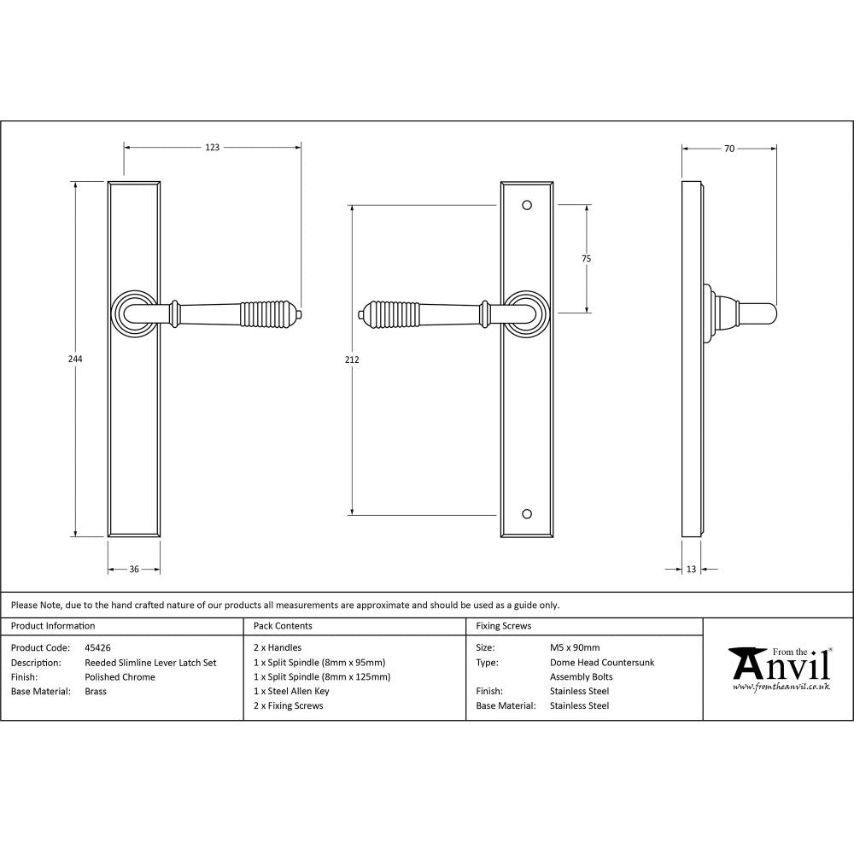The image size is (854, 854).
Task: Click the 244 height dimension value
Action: point(75,360)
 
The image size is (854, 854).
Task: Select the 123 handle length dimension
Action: point(213,148)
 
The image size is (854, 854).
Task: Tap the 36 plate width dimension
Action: point(134,569)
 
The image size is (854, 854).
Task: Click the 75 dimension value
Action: point(587,259)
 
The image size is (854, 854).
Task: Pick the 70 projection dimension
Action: point(728,149)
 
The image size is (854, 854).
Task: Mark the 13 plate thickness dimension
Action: point(691,569)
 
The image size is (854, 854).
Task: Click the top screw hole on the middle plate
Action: point(526,206)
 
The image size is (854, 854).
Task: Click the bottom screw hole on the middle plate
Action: point(526,515)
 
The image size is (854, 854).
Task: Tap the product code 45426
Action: point(97,648)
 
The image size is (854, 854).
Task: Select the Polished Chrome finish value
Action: point(120,677)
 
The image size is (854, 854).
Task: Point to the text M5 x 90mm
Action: point(575,648)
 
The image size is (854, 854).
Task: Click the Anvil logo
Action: point(778,667)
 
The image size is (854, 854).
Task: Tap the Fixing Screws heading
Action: point(503,626)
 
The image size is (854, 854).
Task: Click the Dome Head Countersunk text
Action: point(602,663)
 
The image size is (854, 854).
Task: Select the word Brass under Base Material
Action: point(96,692)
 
